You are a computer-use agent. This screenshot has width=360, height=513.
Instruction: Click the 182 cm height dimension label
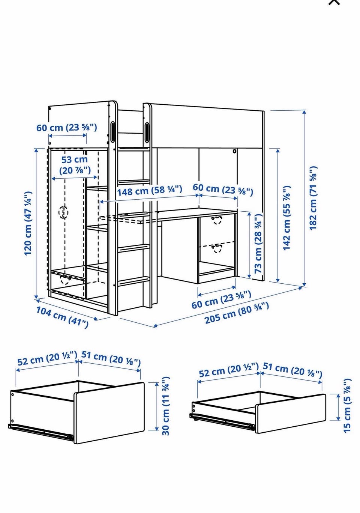pyautogui.click(x=313, y=198)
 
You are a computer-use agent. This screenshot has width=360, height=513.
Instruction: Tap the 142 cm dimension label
pyautogui.click(x=287, y=218)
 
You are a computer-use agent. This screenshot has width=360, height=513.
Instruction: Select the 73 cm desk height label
pyautogui.click(x=258, y=244)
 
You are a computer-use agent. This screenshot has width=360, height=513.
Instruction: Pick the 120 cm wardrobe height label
pyautogui.click(x=28, y=223)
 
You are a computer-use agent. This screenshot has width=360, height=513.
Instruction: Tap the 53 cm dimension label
pyautogui.click(x=75, y=165)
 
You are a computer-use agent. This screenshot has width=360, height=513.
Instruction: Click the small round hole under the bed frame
pyautogui.click(x=234, y=151)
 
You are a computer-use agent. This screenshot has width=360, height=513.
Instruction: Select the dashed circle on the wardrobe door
pyautogui.click(x=63, y=212)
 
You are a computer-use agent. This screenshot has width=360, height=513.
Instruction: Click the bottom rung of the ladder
pyautogui.click(x=134, y=281)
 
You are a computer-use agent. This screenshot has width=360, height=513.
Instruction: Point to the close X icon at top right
pyautogui.click(x=334, y=2)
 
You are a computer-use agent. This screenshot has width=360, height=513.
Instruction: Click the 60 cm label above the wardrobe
pyautogui.click(x=67, y=127)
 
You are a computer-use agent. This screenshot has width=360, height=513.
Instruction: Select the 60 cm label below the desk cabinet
pyautogui.click(x=221, y=299)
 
